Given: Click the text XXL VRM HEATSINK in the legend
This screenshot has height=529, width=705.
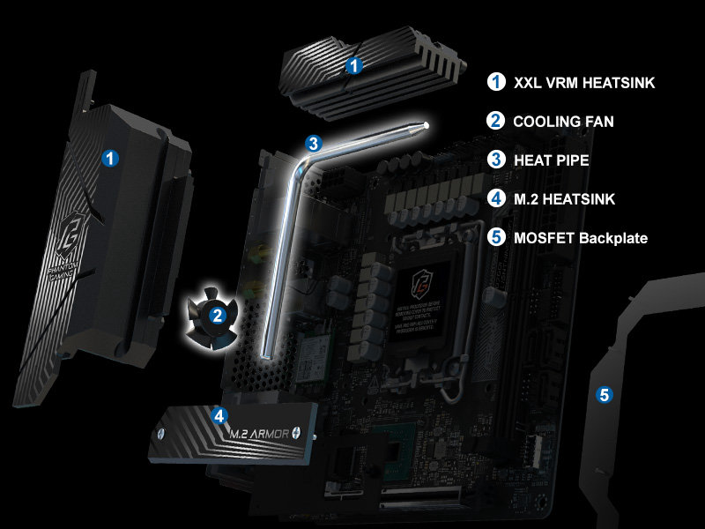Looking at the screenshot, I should (584, 83).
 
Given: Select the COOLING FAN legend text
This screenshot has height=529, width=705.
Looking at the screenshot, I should (564, 122).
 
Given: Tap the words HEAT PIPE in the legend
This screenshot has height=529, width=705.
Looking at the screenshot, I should (551, 160).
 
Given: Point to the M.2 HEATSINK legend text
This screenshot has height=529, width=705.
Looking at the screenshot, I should (564, 199).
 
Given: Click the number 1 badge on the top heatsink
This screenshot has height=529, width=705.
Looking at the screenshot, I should (353, 64).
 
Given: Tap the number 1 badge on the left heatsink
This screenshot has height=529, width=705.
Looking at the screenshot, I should (110, 159).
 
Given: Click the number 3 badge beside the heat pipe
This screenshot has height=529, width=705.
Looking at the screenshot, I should (313, 142).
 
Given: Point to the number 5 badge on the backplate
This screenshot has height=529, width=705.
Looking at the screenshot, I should (604, 395).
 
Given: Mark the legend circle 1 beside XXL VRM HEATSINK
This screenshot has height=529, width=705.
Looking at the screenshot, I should (496, 83).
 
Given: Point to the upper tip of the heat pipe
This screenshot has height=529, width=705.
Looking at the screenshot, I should (427, 125).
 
